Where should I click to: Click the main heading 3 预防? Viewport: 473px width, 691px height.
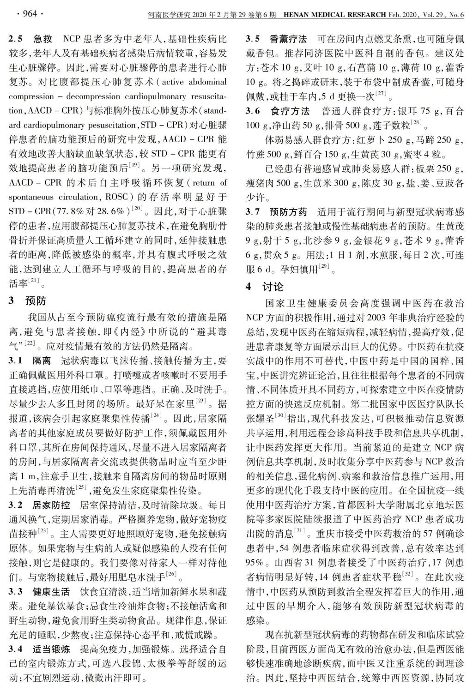point(28,301)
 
